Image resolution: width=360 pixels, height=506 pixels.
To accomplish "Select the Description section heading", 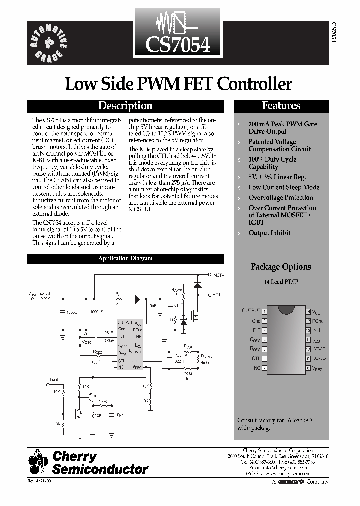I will pos(125,106).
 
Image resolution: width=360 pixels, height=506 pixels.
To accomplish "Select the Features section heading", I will pos(281,106).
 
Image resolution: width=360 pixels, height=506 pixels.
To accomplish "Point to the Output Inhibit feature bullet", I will pos(269,233).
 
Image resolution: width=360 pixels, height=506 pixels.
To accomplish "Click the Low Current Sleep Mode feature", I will pos(284,187).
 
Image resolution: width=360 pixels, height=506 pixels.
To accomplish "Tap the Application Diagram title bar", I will pos(125,258).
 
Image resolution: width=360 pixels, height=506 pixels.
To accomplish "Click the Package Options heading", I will pos(281,267).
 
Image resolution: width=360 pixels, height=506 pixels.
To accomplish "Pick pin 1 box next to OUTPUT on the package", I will pos(264,311).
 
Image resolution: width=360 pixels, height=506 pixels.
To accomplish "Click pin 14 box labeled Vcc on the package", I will pos(308,311).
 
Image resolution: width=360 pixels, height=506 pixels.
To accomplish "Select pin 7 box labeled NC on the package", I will pos(264,368).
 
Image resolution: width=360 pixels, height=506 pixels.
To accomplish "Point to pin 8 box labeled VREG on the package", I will pos(308,368).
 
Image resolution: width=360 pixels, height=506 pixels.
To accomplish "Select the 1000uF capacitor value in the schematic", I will pos(96,312).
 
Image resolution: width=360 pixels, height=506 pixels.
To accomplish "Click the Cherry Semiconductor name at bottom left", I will pos(100,462).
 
